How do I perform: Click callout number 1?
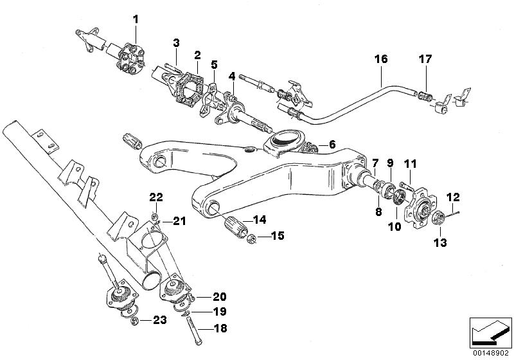click(136, 19)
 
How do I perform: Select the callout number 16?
click(381, 59)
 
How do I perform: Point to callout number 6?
click(332, 145)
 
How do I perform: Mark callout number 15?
click(259, 237)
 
